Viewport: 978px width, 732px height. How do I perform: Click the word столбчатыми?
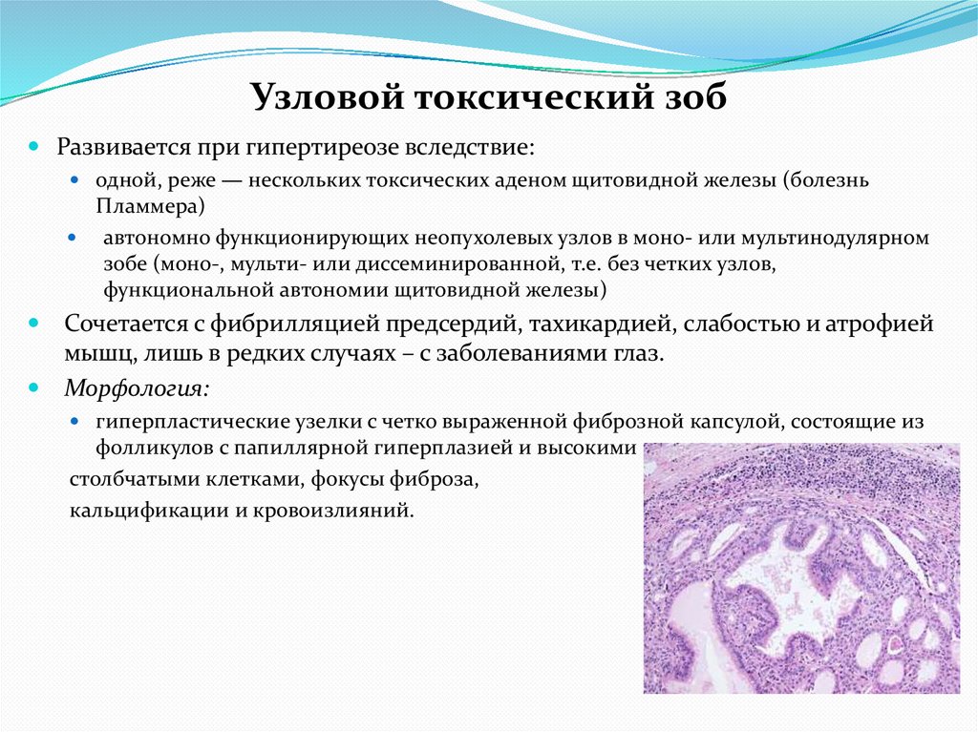click(x=130, y=478)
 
